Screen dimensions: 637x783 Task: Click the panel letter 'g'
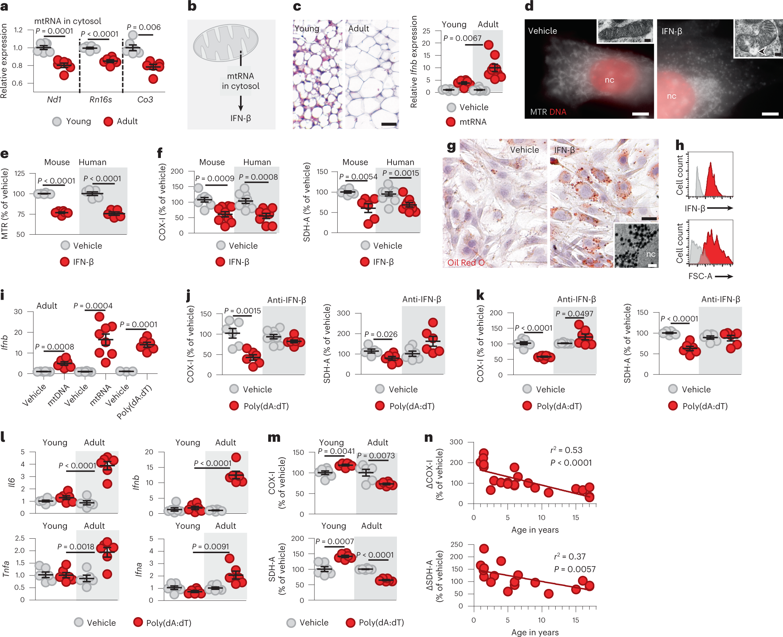(451, 146)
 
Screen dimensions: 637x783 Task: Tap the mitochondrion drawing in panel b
(226, 43)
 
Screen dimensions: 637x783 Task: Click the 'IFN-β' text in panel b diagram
(240, 118)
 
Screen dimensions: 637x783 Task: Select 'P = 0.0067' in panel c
(462, 38)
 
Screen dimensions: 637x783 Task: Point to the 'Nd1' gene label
(54, 99)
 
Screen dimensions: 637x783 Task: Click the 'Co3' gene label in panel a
(145, 99)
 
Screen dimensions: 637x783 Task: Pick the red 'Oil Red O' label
(466, 262)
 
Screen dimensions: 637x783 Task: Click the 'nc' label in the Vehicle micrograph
(609, 80)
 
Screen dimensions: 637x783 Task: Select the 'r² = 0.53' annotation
(566, 450)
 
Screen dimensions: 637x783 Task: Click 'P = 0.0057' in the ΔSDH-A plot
(574, 569)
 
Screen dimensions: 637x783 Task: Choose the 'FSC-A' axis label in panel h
(700, 276)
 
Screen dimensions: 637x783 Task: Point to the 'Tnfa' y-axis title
(6, 568)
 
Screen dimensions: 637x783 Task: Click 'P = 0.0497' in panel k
(574, 313)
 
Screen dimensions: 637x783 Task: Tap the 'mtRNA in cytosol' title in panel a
(68, 21)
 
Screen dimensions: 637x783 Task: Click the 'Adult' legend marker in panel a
(108, 121)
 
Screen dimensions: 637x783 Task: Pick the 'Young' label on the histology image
(307, 29)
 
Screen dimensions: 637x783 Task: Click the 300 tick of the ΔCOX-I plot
(456, 442)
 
